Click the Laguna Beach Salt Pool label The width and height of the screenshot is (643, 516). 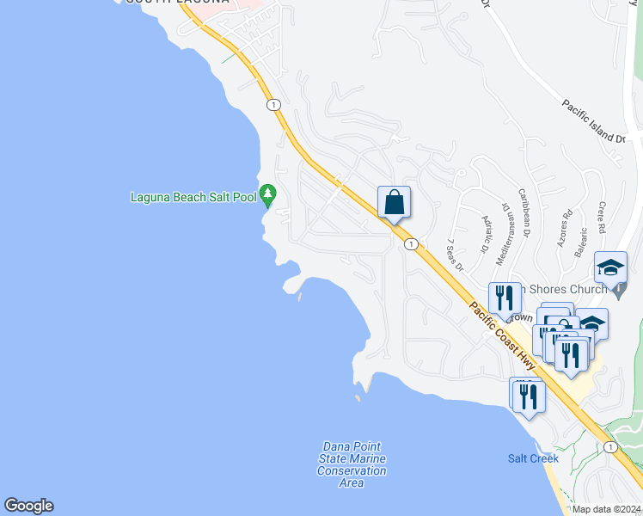193,197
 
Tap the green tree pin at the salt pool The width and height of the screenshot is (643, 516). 268,193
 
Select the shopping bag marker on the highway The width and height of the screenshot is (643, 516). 394,204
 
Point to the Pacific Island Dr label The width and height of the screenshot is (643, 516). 594,121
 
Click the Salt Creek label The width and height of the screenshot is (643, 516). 533,458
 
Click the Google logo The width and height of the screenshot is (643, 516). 28,506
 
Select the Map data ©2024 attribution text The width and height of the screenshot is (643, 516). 606,509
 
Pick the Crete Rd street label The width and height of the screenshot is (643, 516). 601,218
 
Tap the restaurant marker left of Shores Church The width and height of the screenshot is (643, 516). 505,298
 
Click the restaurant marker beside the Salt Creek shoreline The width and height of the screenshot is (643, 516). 528,396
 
